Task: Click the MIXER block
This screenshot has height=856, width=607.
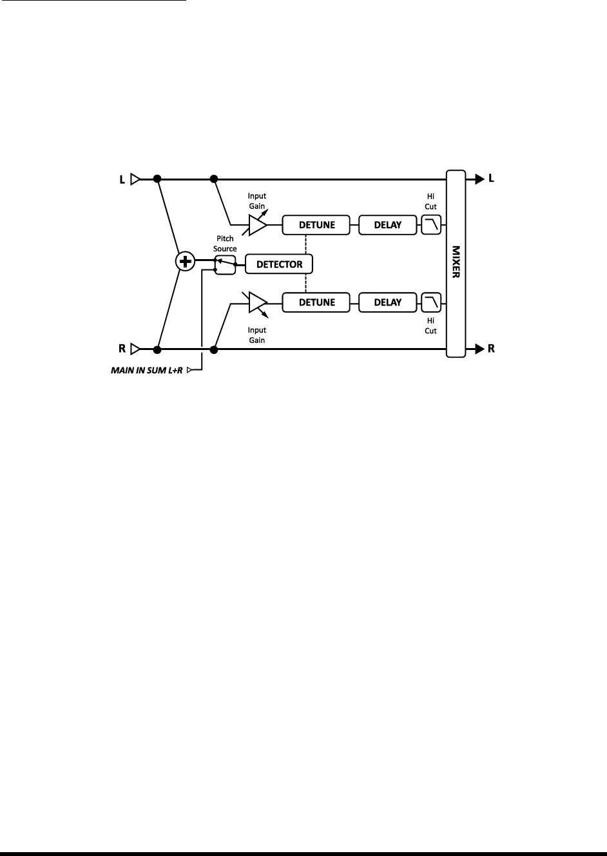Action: [456, 263]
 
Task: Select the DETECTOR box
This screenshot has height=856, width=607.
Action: [279, 264]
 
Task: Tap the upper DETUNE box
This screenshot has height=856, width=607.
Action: [316, 225]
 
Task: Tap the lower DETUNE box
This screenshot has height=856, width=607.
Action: [316, 302]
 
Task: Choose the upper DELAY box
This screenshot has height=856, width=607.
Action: [387, 225]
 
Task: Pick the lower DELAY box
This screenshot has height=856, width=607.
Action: [387, 302]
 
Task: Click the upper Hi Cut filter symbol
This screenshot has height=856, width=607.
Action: [431, 225]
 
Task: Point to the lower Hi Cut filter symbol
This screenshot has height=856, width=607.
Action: [431, 302]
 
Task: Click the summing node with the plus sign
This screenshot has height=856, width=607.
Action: [186, 262]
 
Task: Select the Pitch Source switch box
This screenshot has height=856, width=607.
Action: [225, 264]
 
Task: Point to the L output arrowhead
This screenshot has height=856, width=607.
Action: [479, 179]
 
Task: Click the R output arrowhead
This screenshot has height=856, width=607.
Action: [479, 349]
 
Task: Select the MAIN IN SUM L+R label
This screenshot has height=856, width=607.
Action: [148, 371]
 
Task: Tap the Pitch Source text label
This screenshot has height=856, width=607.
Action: [225, 244]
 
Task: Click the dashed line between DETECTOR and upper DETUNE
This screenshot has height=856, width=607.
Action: [305, 244]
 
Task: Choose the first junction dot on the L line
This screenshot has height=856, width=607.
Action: [157, 179]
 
